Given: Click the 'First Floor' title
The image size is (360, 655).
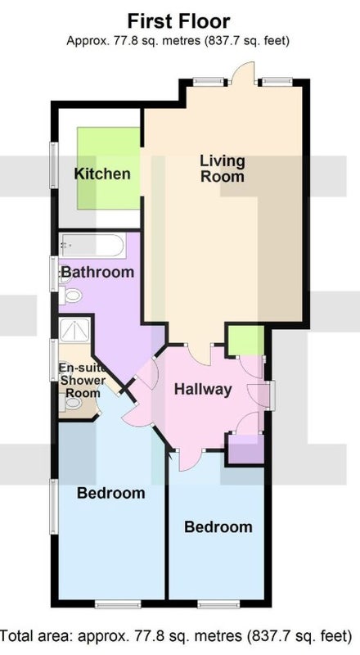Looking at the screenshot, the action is click(178, 21).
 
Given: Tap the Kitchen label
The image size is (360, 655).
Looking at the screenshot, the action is click(102, 174).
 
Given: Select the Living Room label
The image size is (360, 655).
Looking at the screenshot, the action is click(223, 169).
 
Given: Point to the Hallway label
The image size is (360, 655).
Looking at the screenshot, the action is click(203, 390).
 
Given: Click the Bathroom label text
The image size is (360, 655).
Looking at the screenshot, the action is click(97, 273).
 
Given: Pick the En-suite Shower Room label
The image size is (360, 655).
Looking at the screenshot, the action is click(83, 380).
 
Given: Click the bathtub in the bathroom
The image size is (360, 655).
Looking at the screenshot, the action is click(92, 246).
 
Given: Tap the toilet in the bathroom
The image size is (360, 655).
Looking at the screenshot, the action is click(70, 296).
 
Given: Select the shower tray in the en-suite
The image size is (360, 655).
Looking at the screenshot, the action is click(74, 331).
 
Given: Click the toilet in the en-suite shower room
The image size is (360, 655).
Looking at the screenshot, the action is click(70, 402).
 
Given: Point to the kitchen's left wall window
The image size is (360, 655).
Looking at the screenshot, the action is click(54, 165).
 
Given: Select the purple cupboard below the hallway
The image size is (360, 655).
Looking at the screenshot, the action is click(245, 449).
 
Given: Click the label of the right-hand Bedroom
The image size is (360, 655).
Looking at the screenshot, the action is click(218, 526).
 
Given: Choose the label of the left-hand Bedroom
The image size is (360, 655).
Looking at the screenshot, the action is click(111, 493).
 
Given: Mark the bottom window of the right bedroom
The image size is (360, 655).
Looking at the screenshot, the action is click(218, 603).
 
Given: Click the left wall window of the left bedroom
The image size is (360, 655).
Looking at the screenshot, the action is click(54, 506).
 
